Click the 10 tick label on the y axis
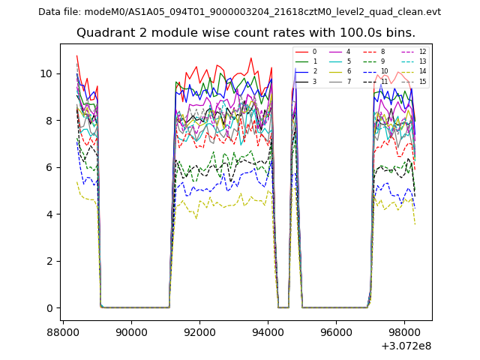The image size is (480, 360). point(46,73)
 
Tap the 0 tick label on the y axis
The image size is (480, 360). point(49,308)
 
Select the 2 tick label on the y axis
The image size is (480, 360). point(49,261)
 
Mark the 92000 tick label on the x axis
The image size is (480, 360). point(199,331)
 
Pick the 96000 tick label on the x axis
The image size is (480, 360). point(335,331)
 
